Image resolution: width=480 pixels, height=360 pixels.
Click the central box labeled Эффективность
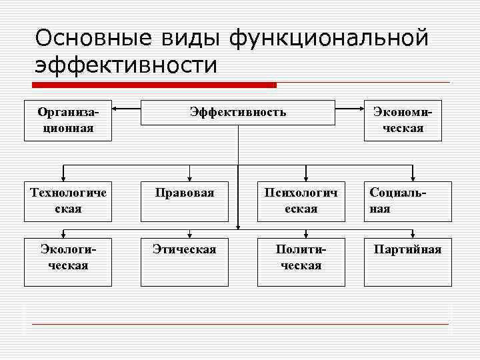pyautogui.click(x=237, y=112)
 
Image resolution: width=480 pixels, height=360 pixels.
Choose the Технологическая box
pyautogui.click(x=67, y=201)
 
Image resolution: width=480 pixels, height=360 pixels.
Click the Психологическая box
pyautogui.click(x=301, y=201)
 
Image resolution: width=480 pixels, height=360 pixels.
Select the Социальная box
pyautogui.click(x=407, y=201)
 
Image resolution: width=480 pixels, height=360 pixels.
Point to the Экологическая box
pyautogui.click(x=67, y=257)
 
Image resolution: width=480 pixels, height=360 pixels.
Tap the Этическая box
pyautogui.click(x=184, y=257)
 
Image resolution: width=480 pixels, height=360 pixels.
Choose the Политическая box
pyautogui.click(x=301, y=257)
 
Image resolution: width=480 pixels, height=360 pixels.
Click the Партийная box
pyautogui.click(x=407, y=257)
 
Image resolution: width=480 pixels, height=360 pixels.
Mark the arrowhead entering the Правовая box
pyautogui.click(x=190, y=178)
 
